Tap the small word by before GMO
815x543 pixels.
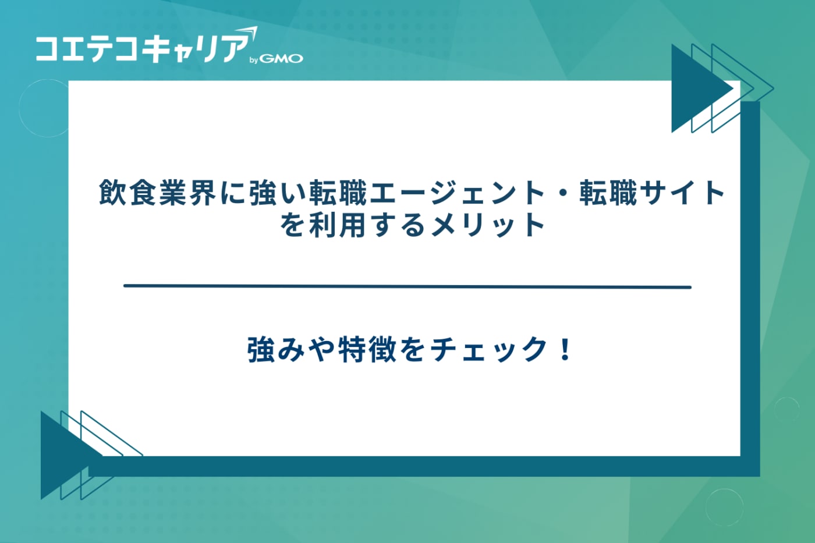[254, 60]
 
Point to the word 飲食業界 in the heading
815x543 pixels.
[158, 193]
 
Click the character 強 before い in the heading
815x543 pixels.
[263, 193]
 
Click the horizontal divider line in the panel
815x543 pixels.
[408, 286]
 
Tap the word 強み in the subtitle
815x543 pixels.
[276, 350]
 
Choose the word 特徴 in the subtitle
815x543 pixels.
[367, 350]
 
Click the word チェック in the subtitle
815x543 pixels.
[488, 350]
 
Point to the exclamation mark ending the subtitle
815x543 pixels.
[565, 350]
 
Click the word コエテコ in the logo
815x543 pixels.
[87, 49]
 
